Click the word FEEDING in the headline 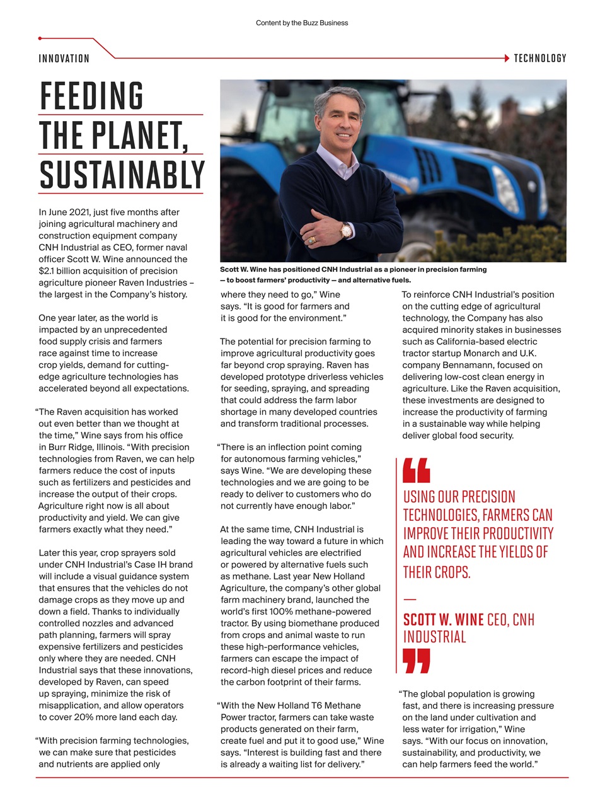click(x=92, y=96)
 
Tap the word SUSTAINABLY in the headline click(x=122, y=175)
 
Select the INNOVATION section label click(x=64, y=59)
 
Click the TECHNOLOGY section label click(x=540, y=59)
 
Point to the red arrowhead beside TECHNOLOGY click(x=507, y=58)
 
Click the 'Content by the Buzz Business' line click(x=302, y=23)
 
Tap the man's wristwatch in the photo click(x=346, y=230)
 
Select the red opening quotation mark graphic click(x=417, y=470)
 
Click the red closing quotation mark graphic click(x=417, y=661)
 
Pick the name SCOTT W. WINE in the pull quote click(x=443, y=620)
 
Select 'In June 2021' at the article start click(x=64, y=212)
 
